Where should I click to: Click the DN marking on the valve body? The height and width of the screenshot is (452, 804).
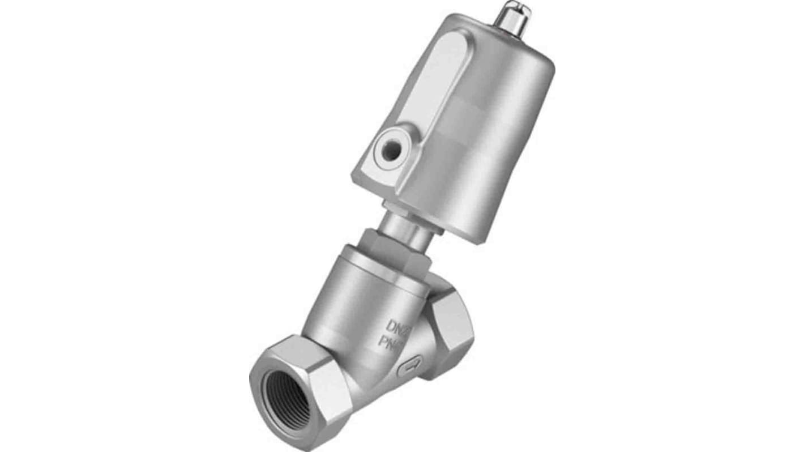pos(399,326)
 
